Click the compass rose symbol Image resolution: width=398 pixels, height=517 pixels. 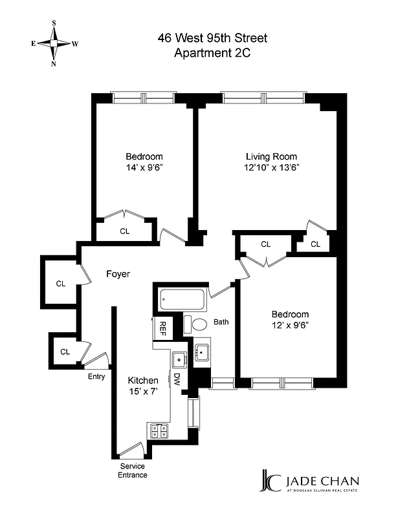[54, 44]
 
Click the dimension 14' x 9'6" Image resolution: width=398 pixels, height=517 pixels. [144, 167]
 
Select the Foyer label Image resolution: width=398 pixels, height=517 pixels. [118, 274]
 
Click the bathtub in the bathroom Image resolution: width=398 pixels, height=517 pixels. [183, 299]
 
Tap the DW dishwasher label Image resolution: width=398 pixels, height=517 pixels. [177, 380]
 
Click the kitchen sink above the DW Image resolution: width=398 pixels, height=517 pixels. [178, 359]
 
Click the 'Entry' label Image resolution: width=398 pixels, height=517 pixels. [96, 377]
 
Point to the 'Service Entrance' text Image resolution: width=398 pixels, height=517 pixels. [133, 470]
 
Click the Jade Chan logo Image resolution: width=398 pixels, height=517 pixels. [309, 483]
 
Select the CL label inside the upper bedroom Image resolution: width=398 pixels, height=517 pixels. [124, 231]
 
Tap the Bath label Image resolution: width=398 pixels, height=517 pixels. [221, 321]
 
